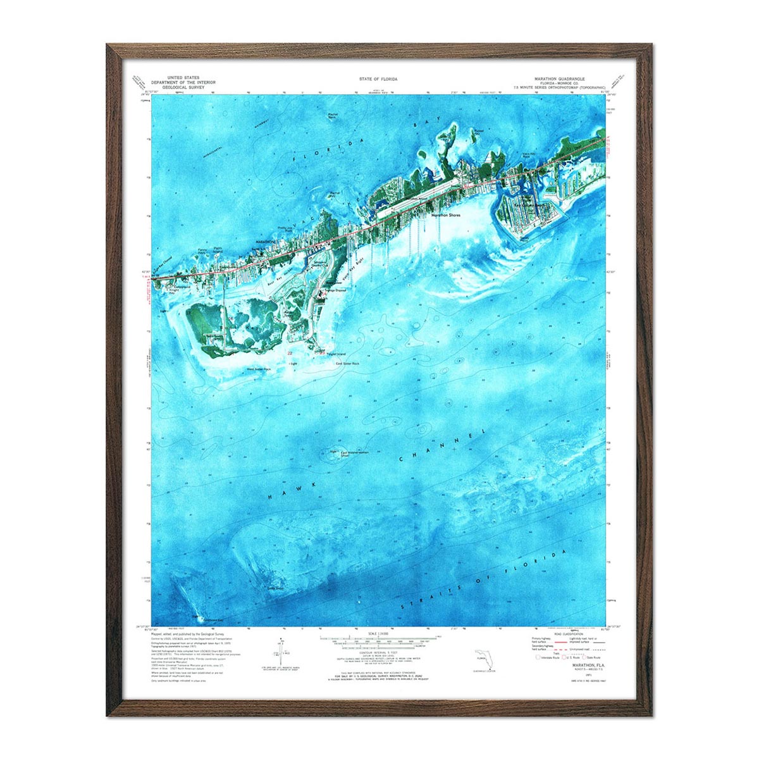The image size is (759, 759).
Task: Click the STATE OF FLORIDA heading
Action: tap(378, 79)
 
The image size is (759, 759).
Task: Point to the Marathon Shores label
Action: tap(446, 215)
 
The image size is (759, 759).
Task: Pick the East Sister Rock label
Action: tap(347, 364)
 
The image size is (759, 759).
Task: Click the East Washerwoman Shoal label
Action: tap(352, 453)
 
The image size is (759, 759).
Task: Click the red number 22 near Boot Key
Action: tap(290, 353)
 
